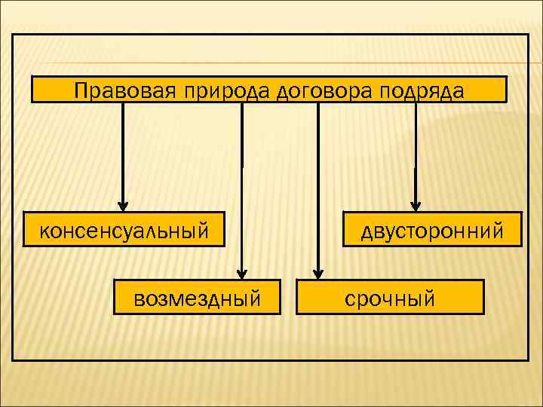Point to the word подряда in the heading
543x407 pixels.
[422, 90]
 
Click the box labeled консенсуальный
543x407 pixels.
[124, 228]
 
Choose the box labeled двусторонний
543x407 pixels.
[431, 228]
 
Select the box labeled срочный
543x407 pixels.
[390, 297]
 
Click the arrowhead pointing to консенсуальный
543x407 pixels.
[122, 205]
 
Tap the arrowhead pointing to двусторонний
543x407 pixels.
[414, 205]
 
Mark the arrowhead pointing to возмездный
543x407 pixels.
[241, 273]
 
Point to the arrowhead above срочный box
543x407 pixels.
[318, 273]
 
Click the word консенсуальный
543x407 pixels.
[124, 229]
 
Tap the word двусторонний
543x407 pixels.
[431, 229]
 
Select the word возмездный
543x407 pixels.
[198, 298]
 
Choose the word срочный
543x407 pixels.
[390, 298]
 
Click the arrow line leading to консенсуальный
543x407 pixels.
[122, 151]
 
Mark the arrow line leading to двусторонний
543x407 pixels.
[414, 151]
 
